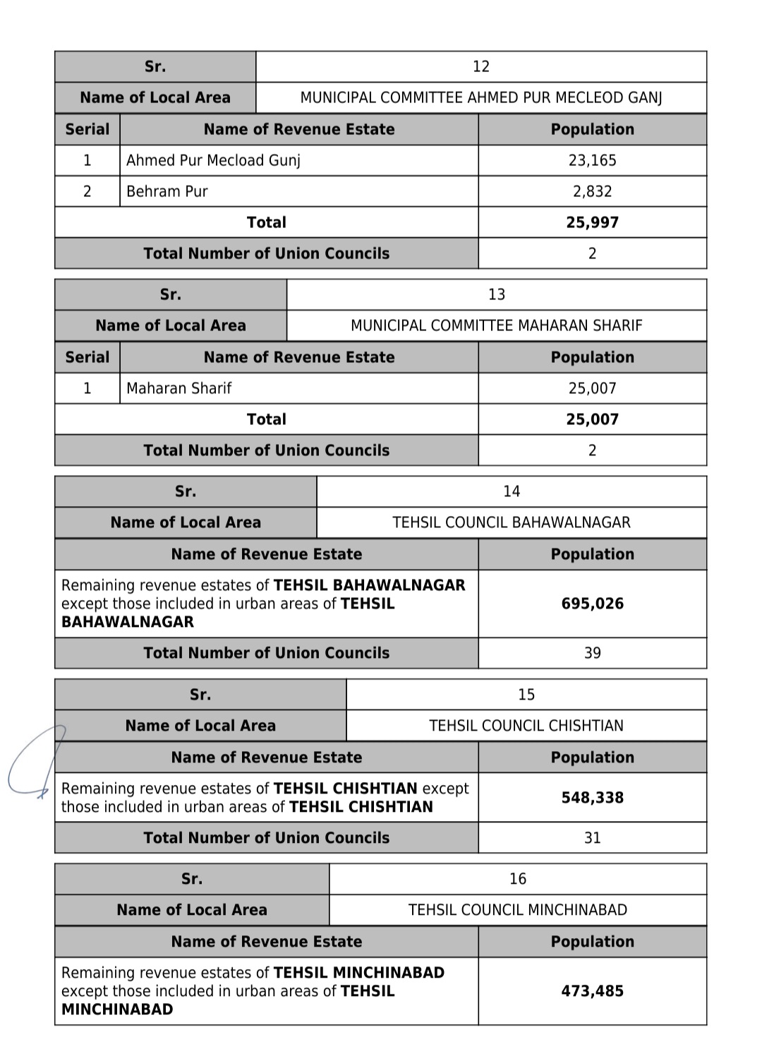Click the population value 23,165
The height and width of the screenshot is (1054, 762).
(592, 160)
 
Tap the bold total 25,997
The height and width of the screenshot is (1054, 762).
(592, 222)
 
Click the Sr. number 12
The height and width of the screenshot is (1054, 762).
(480, 66)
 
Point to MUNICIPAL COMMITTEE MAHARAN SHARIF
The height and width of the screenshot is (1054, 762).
(496, 325)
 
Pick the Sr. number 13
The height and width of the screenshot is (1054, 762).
(496, 294)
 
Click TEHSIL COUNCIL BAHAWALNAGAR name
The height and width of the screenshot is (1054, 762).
(511, 522)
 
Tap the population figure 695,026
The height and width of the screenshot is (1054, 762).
(592, 604)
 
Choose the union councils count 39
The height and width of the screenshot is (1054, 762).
(592, 653)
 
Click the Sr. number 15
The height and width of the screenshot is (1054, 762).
(526, 695)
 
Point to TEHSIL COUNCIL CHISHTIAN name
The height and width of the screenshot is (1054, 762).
(526, 726)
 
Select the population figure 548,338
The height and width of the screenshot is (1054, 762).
(592, 798)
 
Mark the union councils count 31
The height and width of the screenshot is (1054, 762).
(592, 838)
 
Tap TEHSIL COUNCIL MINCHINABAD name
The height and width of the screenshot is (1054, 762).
(517, 910)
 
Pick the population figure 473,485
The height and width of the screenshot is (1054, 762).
(592, 991)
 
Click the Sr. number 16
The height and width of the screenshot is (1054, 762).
(517, 879)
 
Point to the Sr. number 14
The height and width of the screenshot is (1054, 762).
(511, 491)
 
